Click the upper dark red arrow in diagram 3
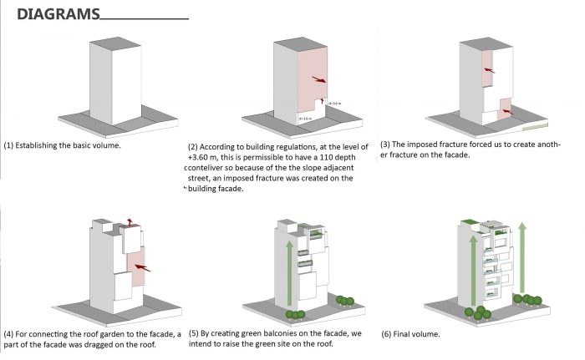(x=489, y=71)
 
